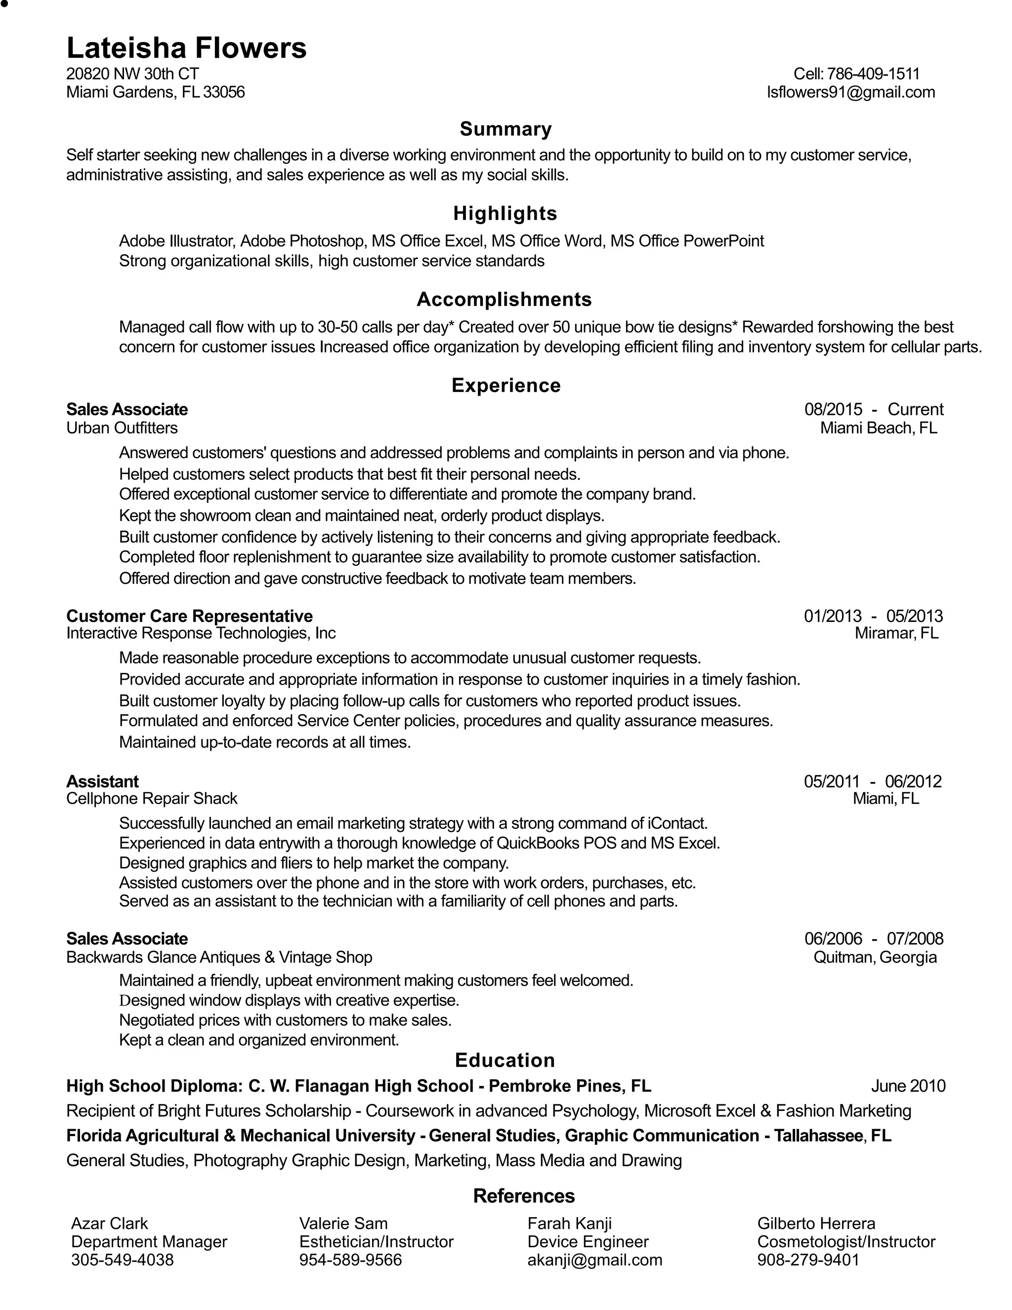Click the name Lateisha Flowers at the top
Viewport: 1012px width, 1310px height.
(x=186, y=48)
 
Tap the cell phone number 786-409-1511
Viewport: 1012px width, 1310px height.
(x=873, y=74)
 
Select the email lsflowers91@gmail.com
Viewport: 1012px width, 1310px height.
(x=851, y=92)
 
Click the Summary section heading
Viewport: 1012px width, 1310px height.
(x=506, y=129)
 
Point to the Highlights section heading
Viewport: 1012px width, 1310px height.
(x=505, y=214)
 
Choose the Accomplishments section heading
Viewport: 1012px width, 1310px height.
(x=504, y=299)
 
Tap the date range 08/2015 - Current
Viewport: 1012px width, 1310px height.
(x=874, y=409)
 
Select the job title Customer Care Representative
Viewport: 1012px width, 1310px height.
(x=189, y=616)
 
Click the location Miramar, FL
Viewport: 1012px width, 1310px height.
(x=896, y=633)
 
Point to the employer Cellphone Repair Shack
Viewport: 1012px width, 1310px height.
(x=152, y=798)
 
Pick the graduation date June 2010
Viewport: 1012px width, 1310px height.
(x=908, y=1086)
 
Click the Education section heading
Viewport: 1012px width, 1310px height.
(x=505, y=1060)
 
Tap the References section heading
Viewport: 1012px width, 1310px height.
(x=523, y=1195)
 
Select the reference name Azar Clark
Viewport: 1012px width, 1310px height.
(x=109, y=1223)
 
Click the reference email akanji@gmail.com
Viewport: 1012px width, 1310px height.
(x=595, y=1260)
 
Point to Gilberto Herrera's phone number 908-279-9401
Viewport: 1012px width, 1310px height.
(x=808, y=1260)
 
